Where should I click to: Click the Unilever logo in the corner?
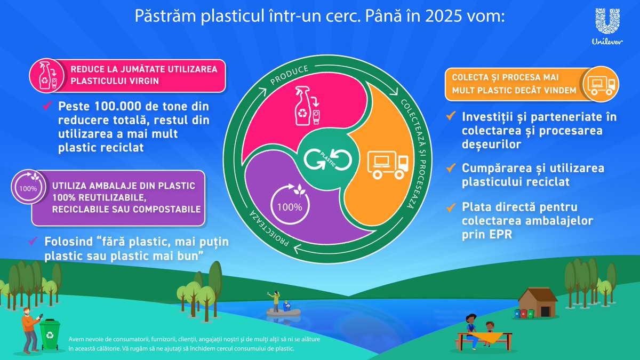605,27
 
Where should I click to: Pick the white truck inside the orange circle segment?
388,163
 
